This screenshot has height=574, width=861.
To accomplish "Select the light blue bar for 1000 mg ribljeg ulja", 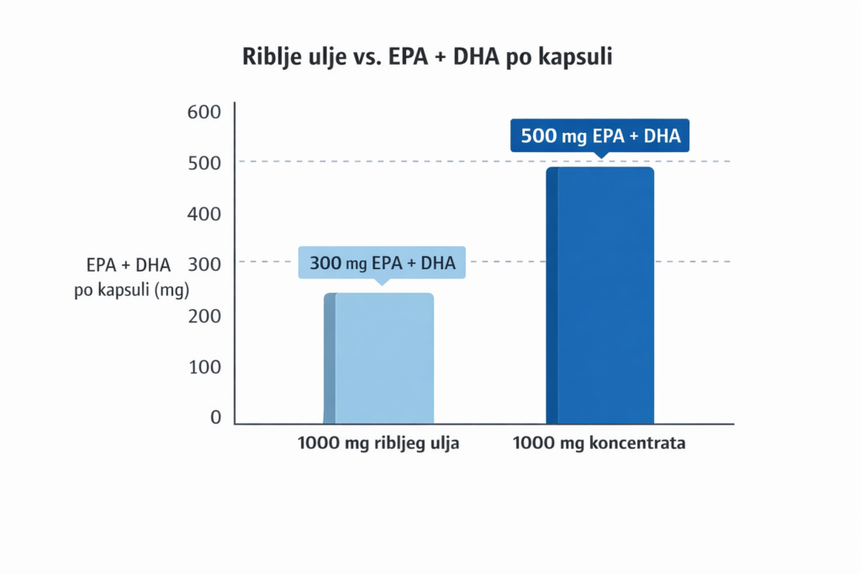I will pyautogui.click(x=379, y=358).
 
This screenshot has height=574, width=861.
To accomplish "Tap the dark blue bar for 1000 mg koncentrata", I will pyautogui.click(x=600, y=295).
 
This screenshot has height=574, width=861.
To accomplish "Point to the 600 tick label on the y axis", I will pyautogui.click(x=204, y=112).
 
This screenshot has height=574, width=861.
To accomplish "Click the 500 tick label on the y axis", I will pyautogui.click(x=204, y=163).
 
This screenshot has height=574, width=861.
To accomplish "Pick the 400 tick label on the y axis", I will pyautogui.click(x=204, y=214).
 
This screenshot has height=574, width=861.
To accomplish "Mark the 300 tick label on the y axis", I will pyautogui.click(x=204, y=266).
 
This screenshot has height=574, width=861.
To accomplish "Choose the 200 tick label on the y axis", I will pyautogui.click(x=204, y=317).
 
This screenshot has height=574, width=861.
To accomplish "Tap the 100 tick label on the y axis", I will pyautogui.click(x=204, y=368).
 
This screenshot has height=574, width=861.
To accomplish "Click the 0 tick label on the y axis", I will pyautogui.click(x=215, y=419).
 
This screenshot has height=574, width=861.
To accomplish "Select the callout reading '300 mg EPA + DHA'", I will pyautogui.click(x=383, y=263).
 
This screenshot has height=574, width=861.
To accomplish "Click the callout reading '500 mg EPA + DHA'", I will pyautogui.click(x=600, y=135).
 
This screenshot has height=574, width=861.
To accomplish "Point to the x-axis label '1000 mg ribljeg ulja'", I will pyautogui.click(x=378, y=444).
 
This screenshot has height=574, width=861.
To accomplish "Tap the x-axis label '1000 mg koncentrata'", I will pyautogui.click(x=600, y=444).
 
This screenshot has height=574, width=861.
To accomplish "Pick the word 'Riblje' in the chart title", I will pyautogui.click(x=272, y=57).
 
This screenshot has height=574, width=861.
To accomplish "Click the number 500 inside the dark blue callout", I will pyautogui.click(x=538, y=135).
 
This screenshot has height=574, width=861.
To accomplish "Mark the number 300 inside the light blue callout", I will pyautogui.click(x=325, y=263).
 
